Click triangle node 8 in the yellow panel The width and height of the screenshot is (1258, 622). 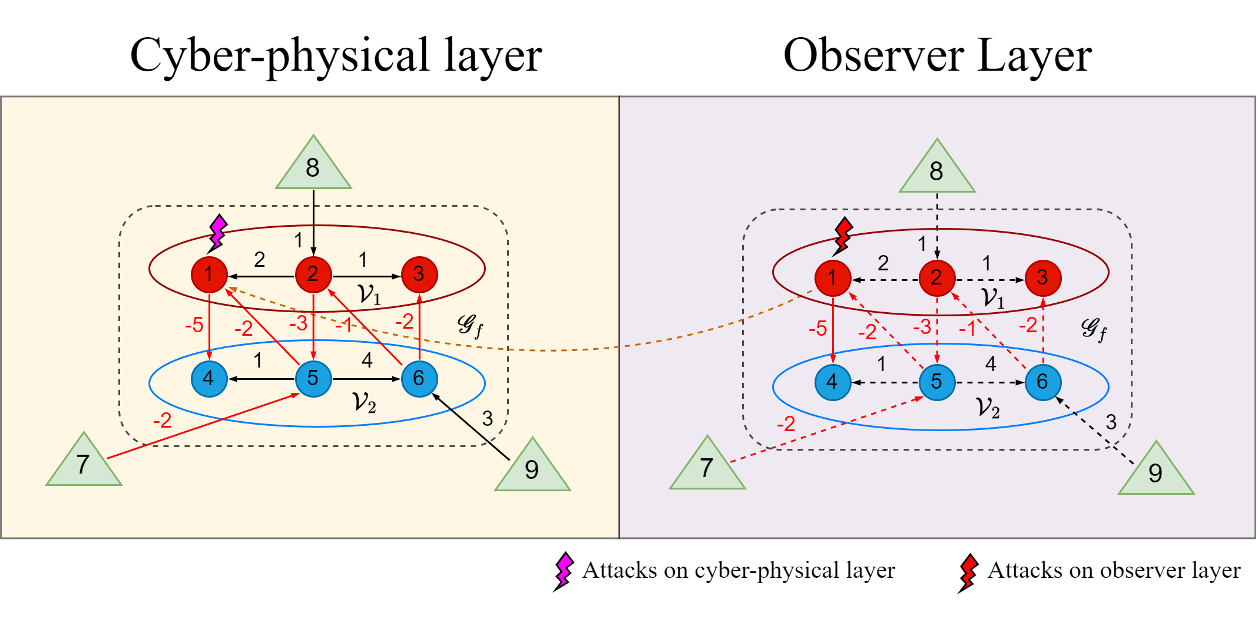pos(313,168)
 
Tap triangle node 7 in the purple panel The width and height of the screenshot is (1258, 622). pos(707,468)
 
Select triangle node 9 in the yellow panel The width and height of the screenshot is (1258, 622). pos(532,469)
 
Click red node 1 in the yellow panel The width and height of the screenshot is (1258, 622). pos(209,274)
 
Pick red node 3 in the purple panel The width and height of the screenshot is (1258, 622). pos(1042,278)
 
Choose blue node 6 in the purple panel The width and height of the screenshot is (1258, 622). pos(1042,382)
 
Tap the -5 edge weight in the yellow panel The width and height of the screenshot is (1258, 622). pos(194,325)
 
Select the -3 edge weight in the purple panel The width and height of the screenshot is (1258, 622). pos(922,327)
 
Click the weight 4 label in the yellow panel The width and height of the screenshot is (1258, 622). pos(367,360)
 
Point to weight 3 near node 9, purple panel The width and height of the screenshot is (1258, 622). pos(1111,422)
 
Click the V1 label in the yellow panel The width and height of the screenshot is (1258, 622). pos(369,294)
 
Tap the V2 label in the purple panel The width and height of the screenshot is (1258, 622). pos(988,408)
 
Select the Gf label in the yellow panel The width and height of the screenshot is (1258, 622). pos(471,325)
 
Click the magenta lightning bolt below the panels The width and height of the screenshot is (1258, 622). pos(564,570)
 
